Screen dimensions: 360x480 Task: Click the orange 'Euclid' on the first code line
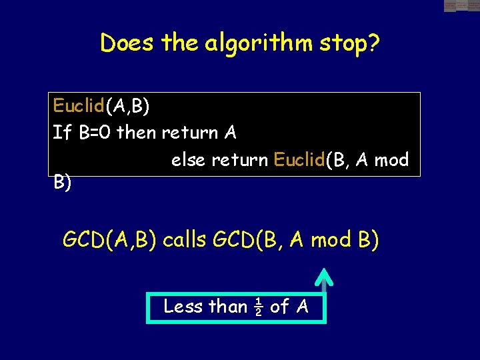pyautogui.click(x=79, y=105)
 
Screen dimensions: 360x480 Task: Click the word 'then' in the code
pyautogui.click(x=135, y=133)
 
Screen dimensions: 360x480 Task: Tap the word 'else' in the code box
pyautogui.click(x=189, y=160)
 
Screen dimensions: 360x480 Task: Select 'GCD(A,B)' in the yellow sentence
pyautogui.click(x=109, y=239)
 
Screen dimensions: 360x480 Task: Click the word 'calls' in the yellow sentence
pyautogui.click(x=185, y=239)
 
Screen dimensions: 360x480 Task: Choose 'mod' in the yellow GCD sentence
pyautogui.click(x=332, y=239)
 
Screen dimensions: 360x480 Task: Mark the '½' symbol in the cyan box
pyautogui.click(x=258, y=307)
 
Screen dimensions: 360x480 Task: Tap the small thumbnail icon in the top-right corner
pyautogui.click(x=461, y=6)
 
